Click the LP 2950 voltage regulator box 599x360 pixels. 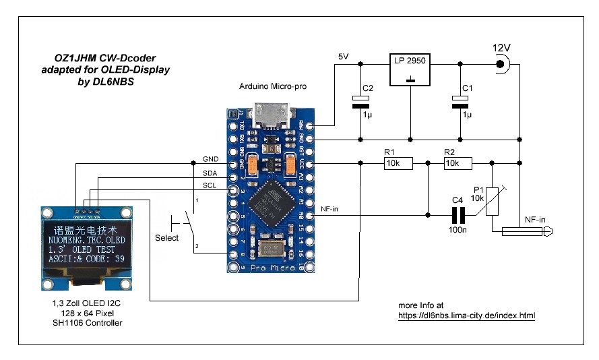coord(411,69)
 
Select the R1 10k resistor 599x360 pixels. coord(398,162)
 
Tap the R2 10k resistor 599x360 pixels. coord(458,162)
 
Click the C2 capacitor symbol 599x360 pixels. coord(361,102)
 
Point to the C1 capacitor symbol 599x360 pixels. coord(460,102)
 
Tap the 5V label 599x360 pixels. coord(343,57)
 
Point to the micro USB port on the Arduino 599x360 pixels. coord(271,116)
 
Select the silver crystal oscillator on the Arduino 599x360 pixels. coord(273,248)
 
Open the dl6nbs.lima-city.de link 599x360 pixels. coord(466,315)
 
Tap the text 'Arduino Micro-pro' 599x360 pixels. coord(271,87)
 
